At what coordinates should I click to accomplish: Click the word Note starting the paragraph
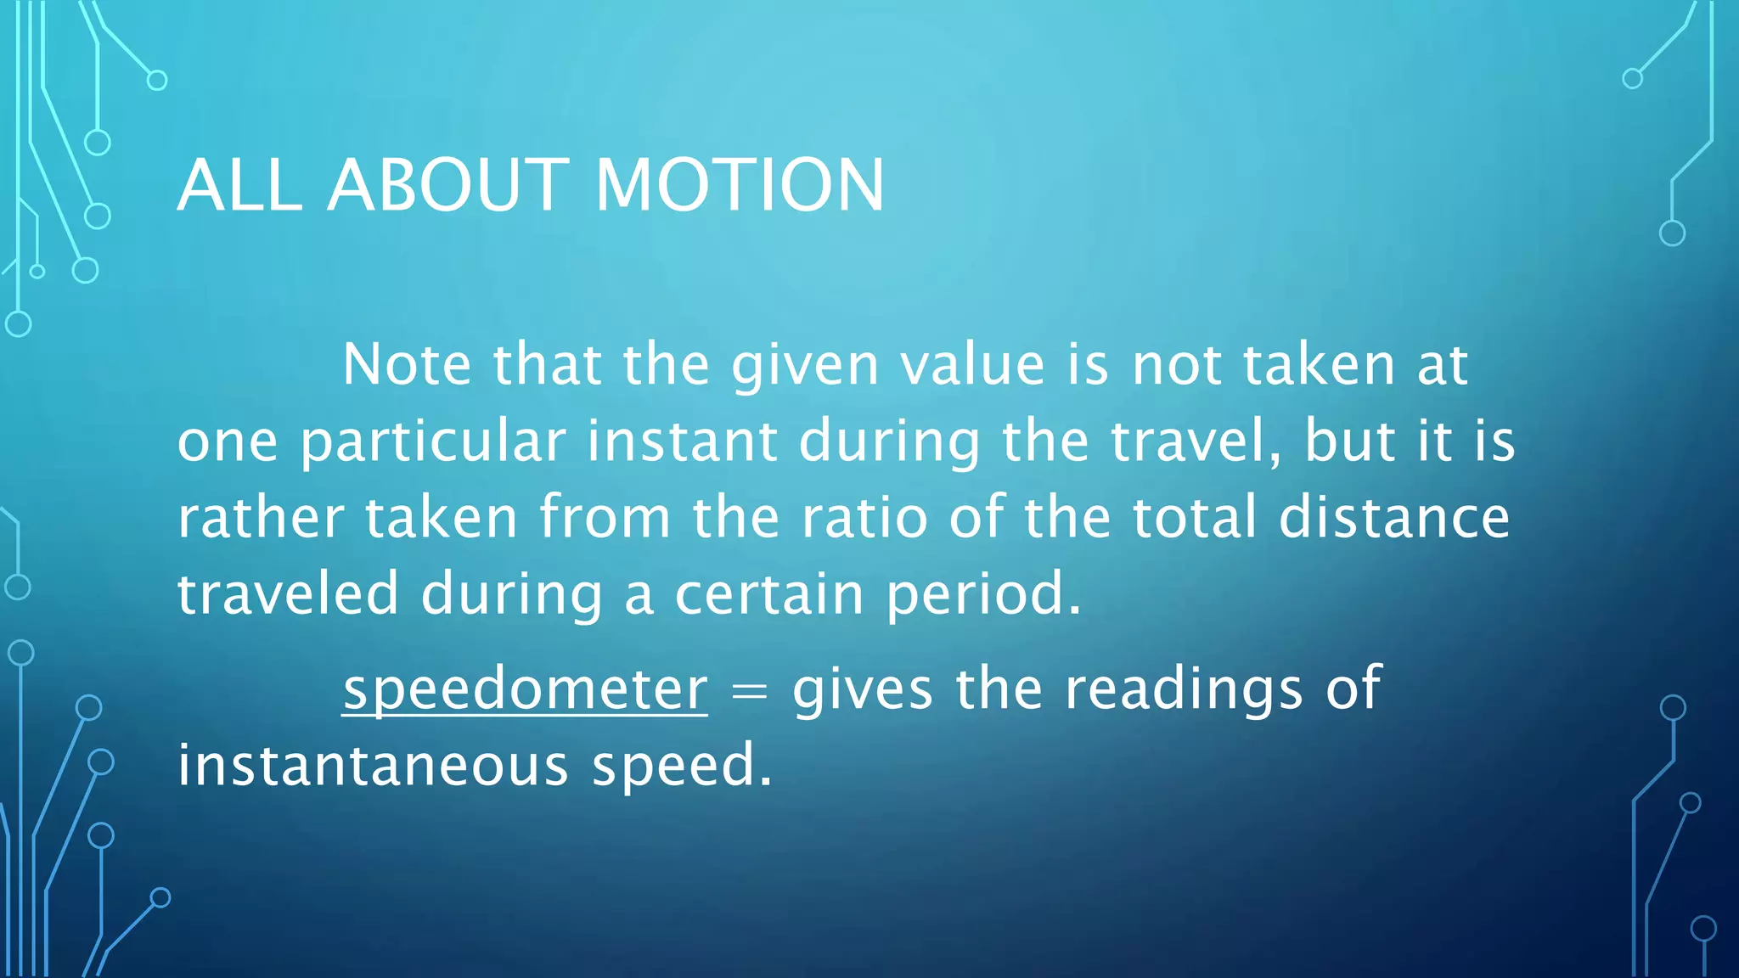406,364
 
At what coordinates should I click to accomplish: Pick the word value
971,364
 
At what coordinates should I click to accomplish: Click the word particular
433,442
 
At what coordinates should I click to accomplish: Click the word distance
1394,517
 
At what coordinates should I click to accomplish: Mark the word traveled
288,593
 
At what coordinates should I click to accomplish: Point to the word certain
769,593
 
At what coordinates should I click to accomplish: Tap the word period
983,595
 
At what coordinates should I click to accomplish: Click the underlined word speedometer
525,689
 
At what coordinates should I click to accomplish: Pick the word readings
1184,689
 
